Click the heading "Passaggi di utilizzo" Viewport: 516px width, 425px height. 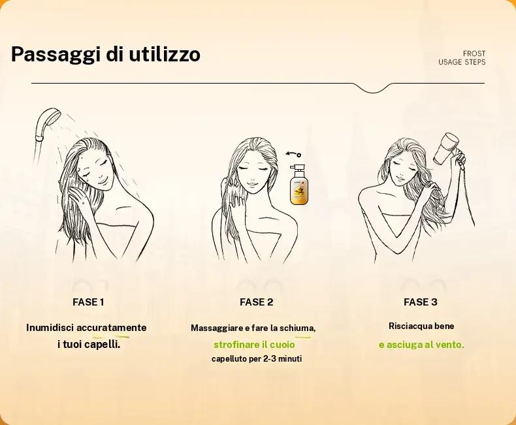(105, 54)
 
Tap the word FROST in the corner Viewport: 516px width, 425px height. (474, 54)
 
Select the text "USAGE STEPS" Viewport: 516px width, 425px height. (462, 63)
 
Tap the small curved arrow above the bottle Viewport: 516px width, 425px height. (293, 155)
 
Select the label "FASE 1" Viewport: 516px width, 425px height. (88, 302)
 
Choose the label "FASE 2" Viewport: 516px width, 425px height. (256, 302)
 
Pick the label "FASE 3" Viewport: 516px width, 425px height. (421, 302)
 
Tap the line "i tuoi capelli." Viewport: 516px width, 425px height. (88, 343)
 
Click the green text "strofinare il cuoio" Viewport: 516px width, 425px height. (254, 344)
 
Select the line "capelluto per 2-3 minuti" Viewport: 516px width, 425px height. (256, 359)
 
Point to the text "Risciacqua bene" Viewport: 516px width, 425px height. (421, 326)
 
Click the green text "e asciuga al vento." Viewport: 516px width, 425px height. (421, 344)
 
